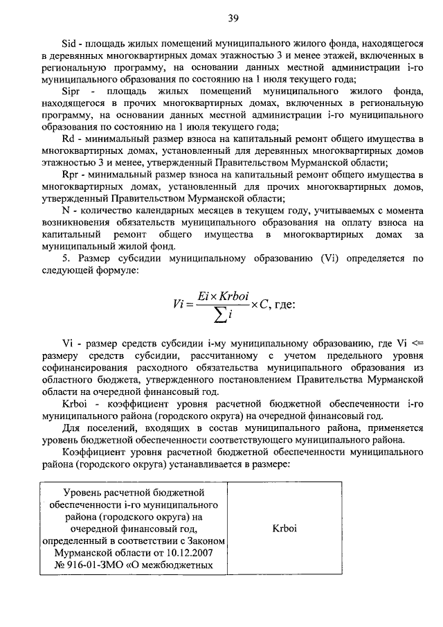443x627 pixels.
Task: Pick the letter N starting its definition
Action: [x=66, y=210]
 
